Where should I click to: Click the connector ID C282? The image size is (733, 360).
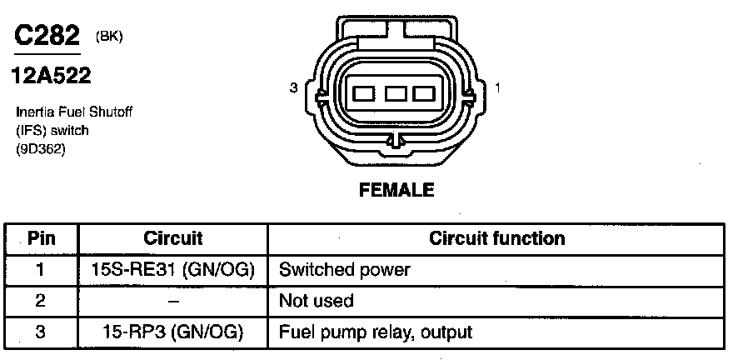[x=47, y=35]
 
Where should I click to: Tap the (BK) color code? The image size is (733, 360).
[x=109, y=37]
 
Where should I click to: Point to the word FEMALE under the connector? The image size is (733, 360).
[x=396, y=190]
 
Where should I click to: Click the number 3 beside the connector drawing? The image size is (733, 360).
[x=294, y=87]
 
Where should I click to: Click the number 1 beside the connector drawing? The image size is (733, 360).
[x=497, y=87]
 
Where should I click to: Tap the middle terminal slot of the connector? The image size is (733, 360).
[x=396, y=93]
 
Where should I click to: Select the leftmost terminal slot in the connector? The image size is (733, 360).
[x=365, y=93]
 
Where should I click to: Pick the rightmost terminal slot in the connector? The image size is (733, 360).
[x=426, y=93]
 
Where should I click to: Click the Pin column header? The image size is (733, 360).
[x=42, y=238]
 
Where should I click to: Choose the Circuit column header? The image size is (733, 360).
[x=173, y=238]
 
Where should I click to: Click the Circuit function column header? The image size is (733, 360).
[x=496, y=238]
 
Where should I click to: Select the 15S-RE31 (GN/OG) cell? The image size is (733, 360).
[x=173, y=270]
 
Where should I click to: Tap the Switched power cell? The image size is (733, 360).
[x=345, y=270]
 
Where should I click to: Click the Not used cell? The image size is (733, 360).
[x=317, y=301]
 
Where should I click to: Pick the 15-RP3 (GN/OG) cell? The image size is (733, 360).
[x=173, y=332]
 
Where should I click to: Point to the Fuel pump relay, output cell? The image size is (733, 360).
[x=376, y=332]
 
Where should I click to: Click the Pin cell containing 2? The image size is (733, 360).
[x=42, y=301]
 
